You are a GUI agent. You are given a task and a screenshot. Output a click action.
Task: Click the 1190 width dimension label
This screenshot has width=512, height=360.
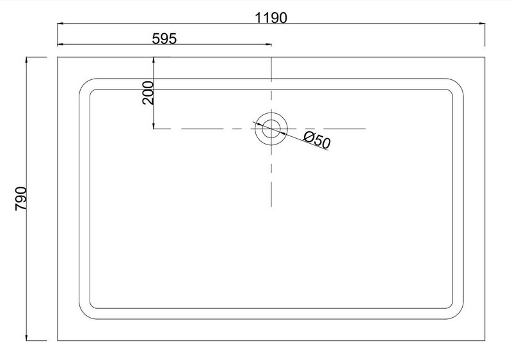pyautogui.click(x=271, y=18)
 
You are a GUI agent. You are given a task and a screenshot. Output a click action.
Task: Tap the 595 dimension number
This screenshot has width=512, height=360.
pyautogui.click(x=164, y=39)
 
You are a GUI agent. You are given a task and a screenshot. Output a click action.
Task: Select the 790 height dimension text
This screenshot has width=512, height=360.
pyautogui.click(x=21, y=198)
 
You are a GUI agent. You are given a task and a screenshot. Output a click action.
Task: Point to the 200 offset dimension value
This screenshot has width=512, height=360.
pyautogui.click(x=148, y=93)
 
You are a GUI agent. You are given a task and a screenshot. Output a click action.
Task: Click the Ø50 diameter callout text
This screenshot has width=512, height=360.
pyautogui.click(x=317, y=139)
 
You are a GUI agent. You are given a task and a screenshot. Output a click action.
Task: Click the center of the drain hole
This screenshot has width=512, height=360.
pyautogui.click(x=271, y=129)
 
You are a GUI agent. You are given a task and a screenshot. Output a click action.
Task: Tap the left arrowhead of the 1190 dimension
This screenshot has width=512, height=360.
pyautogui.click(x=60, y=24)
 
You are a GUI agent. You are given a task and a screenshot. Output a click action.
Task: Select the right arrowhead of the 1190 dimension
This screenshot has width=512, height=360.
pyautogui.click(x=482, y=24)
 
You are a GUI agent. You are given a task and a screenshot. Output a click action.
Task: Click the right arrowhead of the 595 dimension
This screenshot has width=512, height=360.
pyautogui.click(x=268, y=44)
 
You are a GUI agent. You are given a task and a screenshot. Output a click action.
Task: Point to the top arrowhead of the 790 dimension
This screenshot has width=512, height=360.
pyautogui.click(x=26, y=59)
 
